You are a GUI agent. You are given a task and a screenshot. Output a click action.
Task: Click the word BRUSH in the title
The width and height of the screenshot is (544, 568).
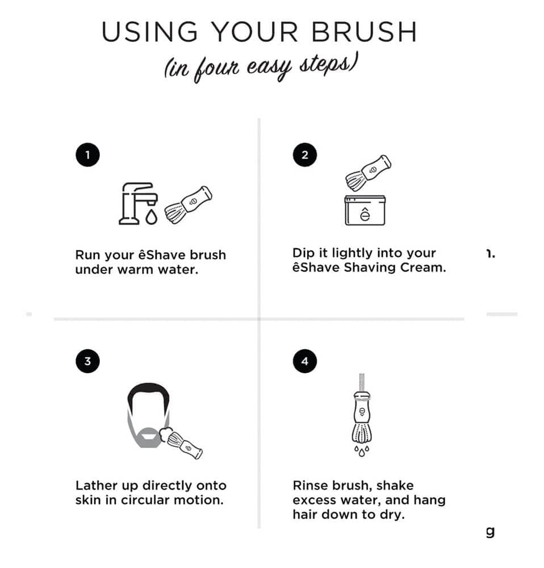364,32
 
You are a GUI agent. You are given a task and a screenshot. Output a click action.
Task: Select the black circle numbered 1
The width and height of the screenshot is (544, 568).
87,155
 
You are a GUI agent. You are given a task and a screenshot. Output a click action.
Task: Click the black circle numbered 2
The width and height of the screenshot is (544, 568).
305,155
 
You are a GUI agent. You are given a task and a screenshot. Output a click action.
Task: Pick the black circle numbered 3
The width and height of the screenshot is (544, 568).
87,361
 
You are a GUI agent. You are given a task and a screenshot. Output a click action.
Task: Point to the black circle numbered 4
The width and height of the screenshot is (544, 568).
305,361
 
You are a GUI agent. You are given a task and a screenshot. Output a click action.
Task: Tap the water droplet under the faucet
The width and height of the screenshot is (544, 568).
152,217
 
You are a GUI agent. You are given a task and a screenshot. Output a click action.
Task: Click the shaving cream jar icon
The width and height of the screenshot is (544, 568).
365,211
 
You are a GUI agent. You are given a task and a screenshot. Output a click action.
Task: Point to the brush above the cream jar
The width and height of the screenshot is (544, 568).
368,173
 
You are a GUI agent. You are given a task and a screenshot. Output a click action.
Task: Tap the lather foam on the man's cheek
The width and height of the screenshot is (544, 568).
165,435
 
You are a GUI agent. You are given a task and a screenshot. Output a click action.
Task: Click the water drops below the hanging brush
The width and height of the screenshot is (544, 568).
362,452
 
